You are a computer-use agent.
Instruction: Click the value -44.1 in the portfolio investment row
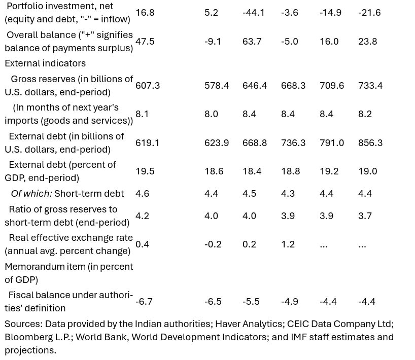tap(254, 13)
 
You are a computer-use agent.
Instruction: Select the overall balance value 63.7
tap(252, 42)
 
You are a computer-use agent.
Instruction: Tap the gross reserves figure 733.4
tap(370, 86)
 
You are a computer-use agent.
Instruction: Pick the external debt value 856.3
tap(370, 143)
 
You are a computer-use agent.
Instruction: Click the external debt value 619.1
tap(148, 143)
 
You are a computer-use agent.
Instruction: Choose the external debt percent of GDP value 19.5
tap(145, 171)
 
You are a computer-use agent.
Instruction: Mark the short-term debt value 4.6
tap(143, 194)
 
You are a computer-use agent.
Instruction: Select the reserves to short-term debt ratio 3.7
tap(365, 216)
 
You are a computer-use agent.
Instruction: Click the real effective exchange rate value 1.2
tap(288, 244)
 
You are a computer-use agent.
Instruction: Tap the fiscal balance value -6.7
tap(144, 302)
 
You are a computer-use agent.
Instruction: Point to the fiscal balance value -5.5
tap(251, 302)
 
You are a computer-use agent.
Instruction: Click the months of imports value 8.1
tap(142, 114)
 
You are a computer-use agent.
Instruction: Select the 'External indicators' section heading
tap(45, 63)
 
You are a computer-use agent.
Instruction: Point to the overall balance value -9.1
tap(213, 42)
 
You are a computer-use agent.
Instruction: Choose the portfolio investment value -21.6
tap(369, 13)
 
